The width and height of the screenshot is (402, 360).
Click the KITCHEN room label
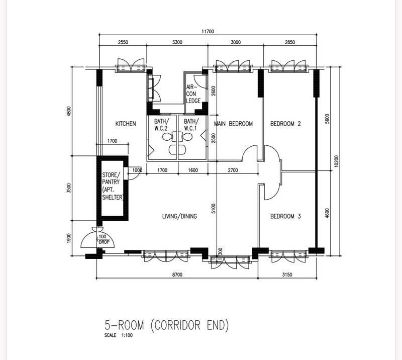click(x=126, y=124)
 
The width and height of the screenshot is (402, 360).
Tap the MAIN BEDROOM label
click(x=233, y=124)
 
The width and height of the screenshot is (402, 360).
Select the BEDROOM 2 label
click(x=285, y=124)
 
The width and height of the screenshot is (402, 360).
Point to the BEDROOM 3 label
click(x=285, y=216)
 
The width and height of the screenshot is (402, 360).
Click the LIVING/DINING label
click(x=180, y=216)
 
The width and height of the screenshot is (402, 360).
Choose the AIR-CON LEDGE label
click(x=193, y=94)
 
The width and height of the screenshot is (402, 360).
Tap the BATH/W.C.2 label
click(x=161, y=125)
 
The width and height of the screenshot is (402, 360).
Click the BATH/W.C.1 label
click(x=191, y=125)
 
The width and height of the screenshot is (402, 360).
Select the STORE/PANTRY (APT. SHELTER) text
click(x=113, y=186)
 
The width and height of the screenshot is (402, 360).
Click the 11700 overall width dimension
click(x=208, y=31)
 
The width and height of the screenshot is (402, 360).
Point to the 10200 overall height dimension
click(x=336, y=161)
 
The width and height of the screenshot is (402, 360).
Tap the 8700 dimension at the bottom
click(x=177, y=275)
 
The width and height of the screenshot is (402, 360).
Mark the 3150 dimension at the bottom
click(x=287, y=275)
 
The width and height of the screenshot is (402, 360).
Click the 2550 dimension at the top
click(x=123, y=42)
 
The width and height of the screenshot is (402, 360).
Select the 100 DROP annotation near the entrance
click(x=103, y=239)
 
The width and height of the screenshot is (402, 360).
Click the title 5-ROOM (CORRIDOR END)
click(x=166, y=325)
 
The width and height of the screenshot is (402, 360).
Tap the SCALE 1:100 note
click(x=119, y=335)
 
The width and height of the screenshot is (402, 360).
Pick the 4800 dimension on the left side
click(x=68, y=111)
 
